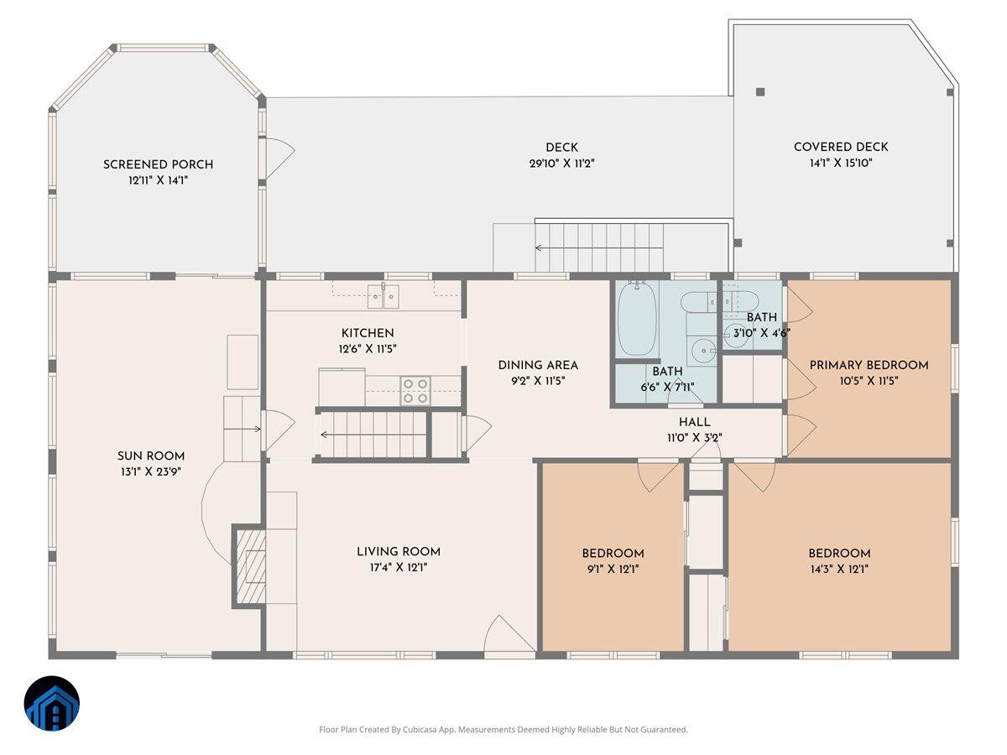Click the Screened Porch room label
tap(158, 164)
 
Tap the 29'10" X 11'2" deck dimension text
tap(561, 164)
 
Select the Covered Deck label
tap(841, 148)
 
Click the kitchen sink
tap(383, 294)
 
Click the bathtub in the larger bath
tap(637, 320)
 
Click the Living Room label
tap(399, 552)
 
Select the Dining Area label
tap(538, 365)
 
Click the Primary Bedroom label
tap(869, 365)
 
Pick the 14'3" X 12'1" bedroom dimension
tap(839, 569)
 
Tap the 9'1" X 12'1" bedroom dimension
tap(613, 569)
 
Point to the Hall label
tap(694, 422)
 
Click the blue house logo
tap(52, 703)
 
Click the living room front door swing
tap(509, 633)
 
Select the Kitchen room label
tap(368, 333)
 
